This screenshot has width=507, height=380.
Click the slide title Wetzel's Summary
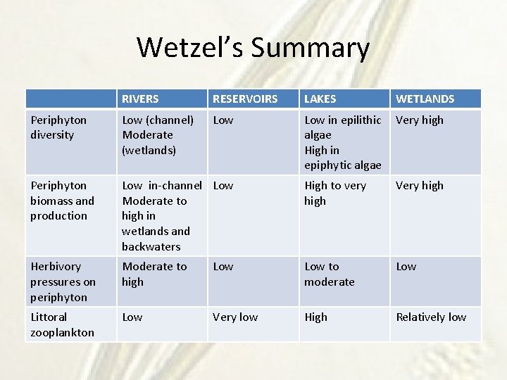[x=253, y=48]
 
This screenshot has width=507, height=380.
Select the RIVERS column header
[x=140, y=99]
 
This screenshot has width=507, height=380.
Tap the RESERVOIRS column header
[x=245, y=99]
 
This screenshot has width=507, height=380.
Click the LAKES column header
[x=320, y=99]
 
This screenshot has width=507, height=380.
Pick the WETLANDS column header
[x=425, y=99]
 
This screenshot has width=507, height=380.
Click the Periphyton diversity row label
[x=58, y=127]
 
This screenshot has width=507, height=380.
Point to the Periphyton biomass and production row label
[x=62, y=201]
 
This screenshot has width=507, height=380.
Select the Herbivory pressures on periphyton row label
[x=63, y=281]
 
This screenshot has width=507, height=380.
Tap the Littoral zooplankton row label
[x=62, y=324]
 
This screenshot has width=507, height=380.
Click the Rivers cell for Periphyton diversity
[x=158, y=135]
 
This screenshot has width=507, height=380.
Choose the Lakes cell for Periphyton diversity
[x=343, y=142]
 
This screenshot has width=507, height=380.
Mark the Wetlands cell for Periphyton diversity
[x=420, y=120]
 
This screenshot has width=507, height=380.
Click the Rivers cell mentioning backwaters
[x=161, y=215]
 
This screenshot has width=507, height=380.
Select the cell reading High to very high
[x=335, y=193]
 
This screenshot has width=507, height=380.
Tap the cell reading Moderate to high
[x=154, y=274]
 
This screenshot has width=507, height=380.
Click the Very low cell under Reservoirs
[x=235, y=317]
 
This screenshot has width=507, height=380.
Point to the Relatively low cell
[x=431, y=317]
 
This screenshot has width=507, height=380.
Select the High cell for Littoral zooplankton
[x=315, y=317]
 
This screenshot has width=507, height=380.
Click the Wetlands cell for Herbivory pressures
[x=406, y=267]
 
